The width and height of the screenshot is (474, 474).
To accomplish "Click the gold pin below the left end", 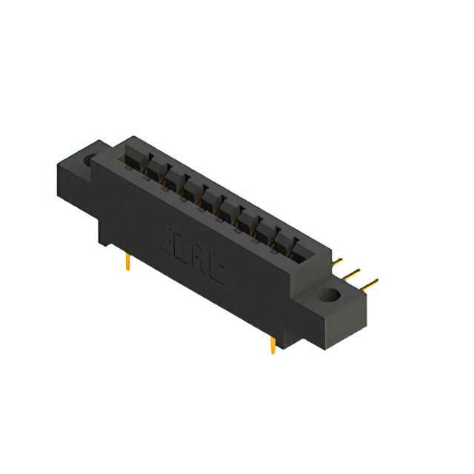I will [x=129, y=261].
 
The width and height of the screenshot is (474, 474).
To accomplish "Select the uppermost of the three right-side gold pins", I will [x=337, y=261].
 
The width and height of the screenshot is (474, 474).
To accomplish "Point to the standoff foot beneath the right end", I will [x=285, y=337].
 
